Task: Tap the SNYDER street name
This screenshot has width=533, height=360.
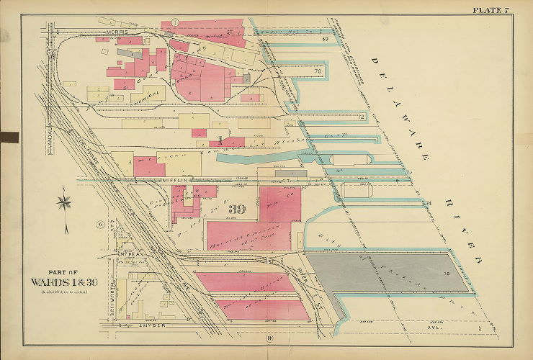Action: coord(149,325)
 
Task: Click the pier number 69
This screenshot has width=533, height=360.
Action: coord(325,37)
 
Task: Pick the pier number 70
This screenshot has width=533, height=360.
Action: coord(317,71)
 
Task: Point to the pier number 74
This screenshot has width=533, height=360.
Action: coord(428,204)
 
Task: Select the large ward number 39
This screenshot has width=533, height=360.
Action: coord(237,210)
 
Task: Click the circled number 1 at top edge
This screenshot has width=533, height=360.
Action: coord(175,23)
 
